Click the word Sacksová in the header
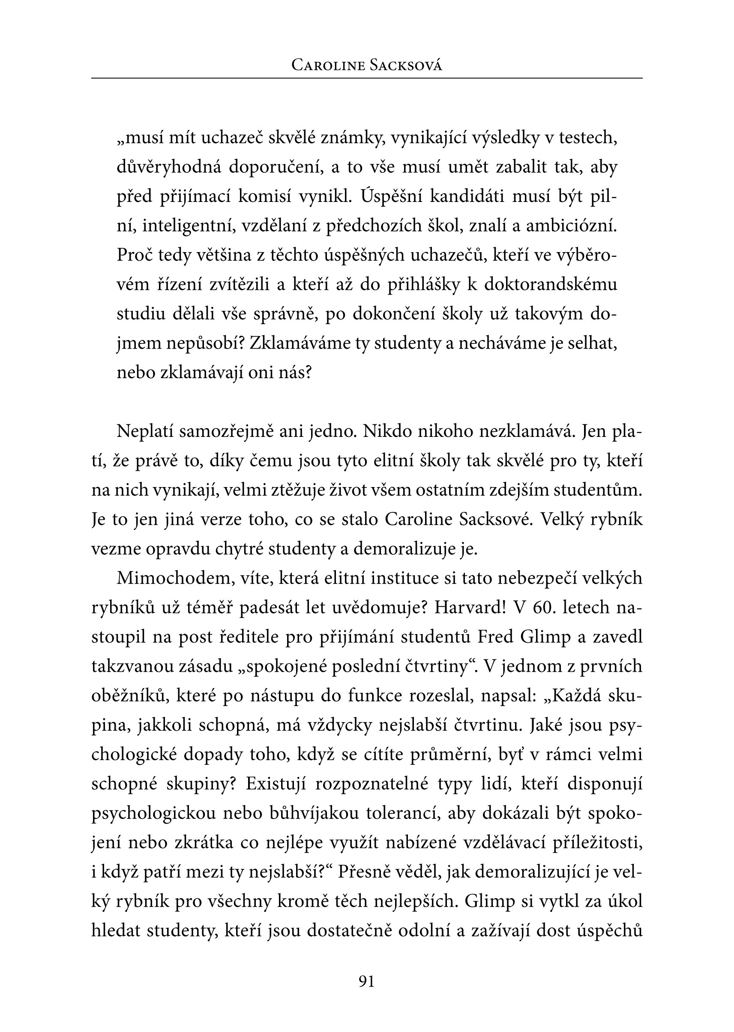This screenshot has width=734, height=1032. click(405, 66)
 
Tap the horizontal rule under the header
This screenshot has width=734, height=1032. click(366, 78)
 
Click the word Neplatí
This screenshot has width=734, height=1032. click(145, 431)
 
